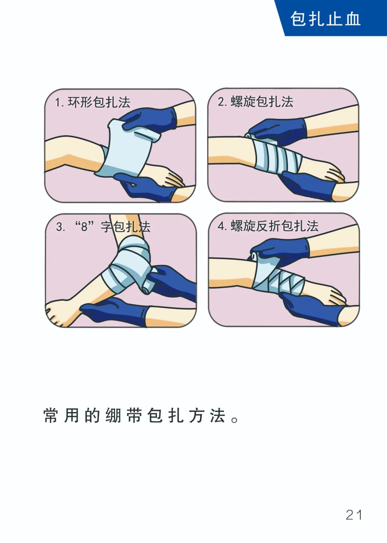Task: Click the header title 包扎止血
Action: [325, 19]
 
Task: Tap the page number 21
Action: [354, 515]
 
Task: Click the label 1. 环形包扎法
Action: [92, 102]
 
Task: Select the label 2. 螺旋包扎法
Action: [255, 102]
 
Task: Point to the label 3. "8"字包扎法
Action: [103, 227]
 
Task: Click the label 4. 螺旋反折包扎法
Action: [268, 226]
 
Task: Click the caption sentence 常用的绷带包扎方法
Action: [141, 416]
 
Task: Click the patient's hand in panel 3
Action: [61, 312]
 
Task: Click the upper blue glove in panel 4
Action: [283, 249]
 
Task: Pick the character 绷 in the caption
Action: [113, 416]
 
